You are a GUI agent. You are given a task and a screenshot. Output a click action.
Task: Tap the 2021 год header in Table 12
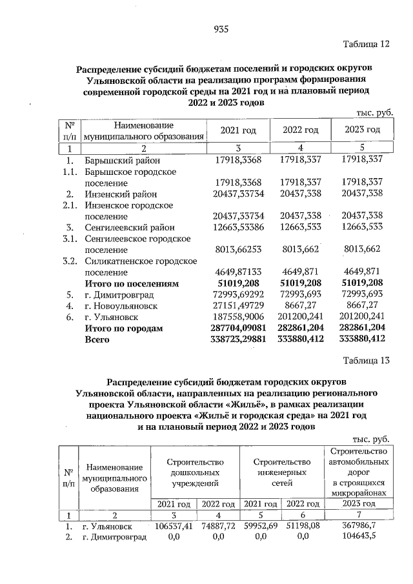[238, 130]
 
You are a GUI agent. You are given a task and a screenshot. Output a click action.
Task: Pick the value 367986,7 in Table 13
[360, 527]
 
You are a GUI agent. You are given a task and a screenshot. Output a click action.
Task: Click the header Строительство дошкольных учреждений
[195, 472]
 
